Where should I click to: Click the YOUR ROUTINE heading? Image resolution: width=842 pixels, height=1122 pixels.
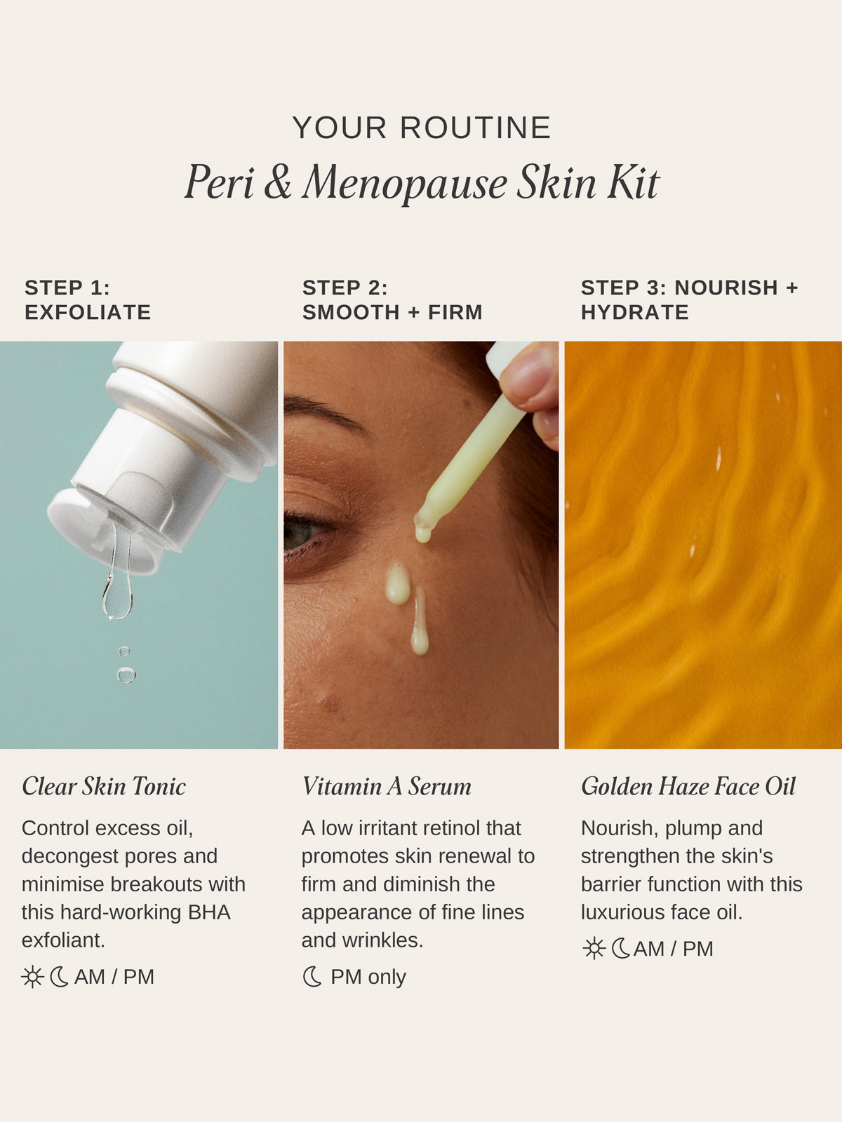421,128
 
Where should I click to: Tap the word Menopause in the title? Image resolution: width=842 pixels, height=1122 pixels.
406,184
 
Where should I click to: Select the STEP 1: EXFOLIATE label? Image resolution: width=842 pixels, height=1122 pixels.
88,300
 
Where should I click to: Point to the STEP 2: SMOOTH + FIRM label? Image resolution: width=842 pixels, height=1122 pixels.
392,300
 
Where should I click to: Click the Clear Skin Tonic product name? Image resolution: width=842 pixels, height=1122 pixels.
104,786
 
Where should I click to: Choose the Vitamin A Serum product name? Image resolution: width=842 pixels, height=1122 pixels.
387,786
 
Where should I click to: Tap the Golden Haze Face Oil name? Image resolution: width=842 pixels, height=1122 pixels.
688,786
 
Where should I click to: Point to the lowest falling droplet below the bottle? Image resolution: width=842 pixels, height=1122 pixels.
126,675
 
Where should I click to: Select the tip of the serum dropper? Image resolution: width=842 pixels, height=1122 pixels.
423,533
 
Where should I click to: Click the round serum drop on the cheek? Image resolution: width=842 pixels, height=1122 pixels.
398,583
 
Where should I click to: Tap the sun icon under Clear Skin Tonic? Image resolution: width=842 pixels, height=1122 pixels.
32,977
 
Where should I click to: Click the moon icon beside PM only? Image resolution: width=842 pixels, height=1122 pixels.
312,977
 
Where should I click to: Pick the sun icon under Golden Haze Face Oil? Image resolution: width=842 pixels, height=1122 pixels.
594,949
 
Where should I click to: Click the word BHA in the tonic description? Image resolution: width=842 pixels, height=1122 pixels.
209,912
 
